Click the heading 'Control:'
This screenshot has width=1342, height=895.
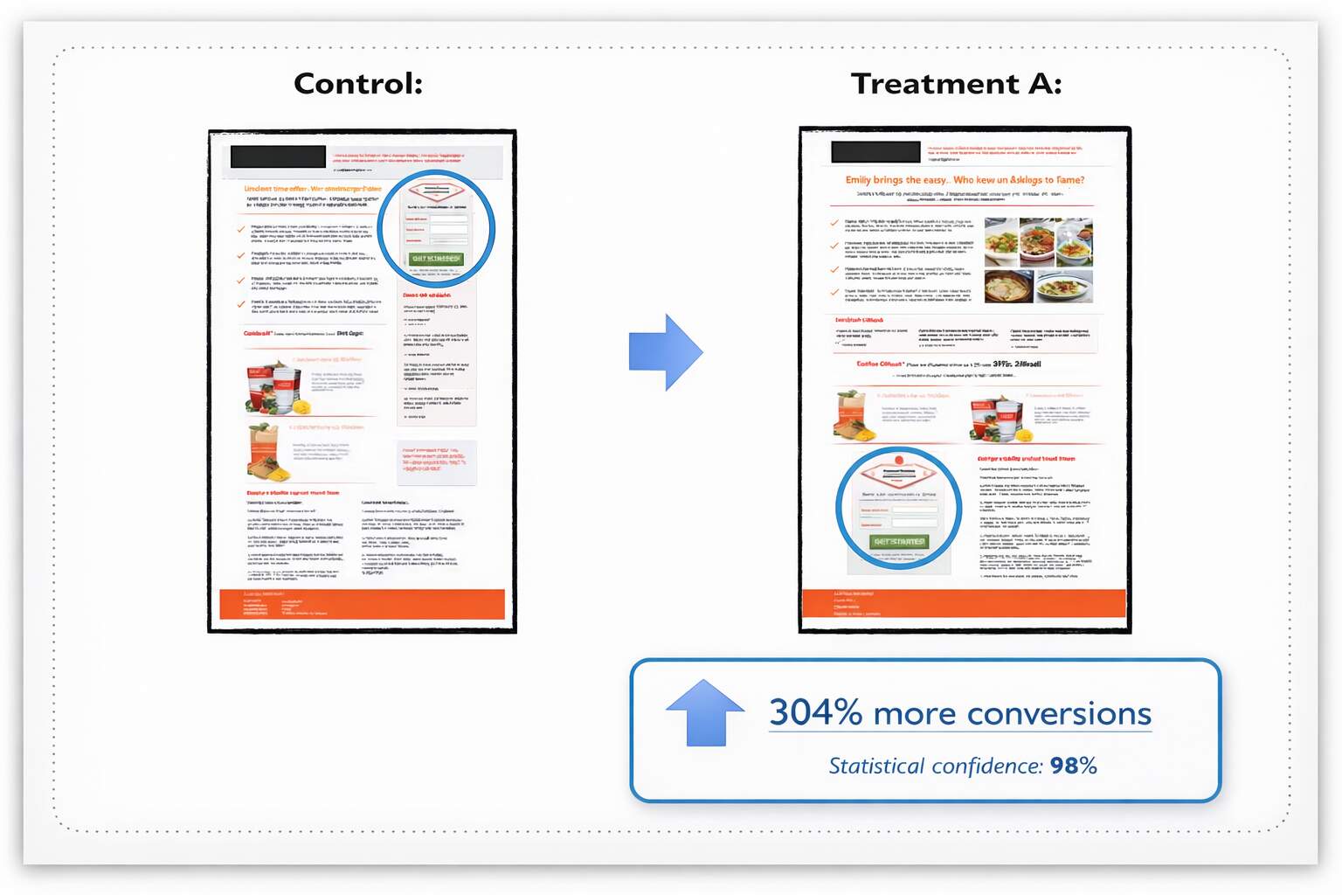[358, 84]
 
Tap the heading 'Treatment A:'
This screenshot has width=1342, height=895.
[956, 84]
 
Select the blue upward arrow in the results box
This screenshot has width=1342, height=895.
[705, 712]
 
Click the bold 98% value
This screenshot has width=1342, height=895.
[1073, 766]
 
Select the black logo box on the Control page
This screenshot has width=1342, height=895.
[278, 156]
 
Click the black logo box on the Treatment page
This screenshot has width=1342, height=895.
[875, 152]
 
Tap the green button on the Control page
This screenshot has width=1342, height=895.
[436, 259]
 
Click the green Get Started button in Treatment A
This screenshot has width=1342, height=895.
[898, 542]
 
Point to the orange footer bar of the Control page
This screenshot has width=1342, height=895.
[362, 604]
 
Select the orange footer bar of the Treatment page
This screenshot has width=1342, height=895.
[964, 603]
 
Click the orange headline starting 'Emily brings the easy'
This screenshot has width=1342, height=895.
[965, 180]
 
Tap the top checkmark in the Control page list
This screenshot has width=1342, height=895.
[241, 229]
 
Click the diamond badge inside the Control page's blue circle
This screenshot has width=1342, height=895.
[436, 192]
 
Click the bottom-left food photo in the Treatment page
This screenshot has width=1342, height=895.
[1008, 286]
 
